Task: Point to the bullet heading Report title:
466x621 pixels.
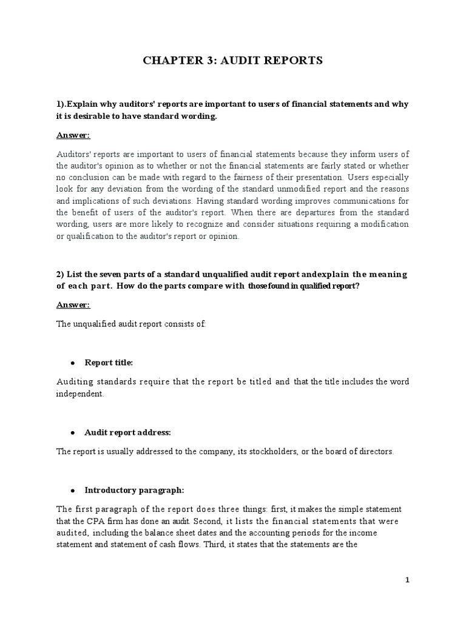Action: tap(109, 363)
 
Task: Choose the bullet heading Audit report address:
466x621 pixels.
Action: tap(128, 432)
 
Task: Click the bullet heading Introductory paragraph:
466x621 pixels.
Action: tap(134, 490)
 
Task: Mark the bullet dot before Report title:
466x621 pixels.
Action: tap(73, 363)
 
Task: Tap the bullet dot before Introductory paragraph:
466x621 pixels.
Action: tap(73, 491)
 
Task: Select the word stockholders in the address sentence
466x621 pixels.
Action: tap(265, 452)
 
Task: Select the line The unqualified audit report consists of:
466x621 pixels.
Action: tap(131, 324)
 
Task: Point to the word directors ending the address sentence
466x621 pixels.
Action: tap(376, 452)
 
